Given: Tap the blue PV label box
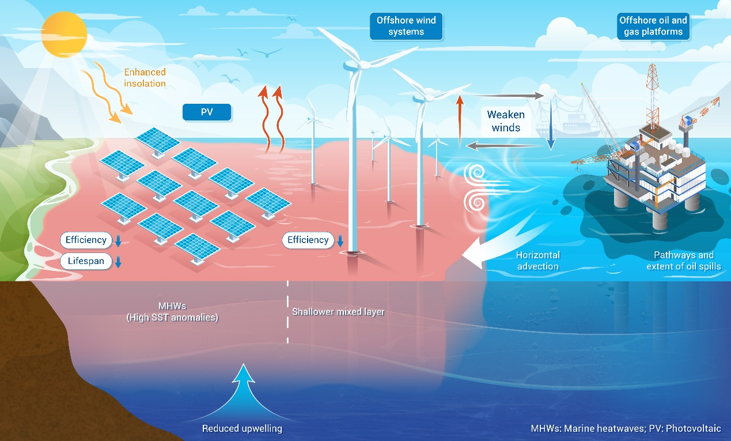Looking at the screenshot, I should click(207, 112).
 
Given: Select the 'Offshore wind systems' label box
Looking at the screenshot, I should click(406, 26).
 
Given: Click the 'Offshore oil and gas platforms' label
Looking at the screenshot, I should click(653, 26).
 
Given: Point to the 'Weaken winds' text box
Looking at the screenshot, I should click(506, 121).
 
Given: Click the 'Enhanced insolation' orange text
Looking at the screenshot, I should click(145, 78).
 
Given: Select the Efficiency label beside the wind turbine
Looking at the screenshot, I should click(308, 240).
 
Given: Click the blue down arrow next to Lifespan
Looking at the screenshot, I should click(118, 262).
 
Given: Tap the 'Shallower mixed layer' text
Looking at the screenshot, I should click(338, 312).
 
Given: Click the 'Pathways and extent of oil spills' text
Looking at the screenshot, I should click(684, 261).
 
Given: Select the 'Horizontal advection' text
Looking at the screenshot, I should click(537, 261).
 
